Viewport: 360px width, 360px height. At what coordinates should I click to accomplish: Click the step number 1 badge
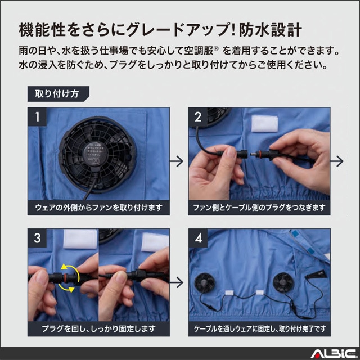(x=37, y=117)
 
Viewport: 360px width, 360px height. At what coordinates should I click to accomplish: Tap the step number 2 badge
(x=198, y=117)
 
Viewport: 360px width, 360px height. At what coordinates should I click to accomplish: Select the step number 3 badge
(x=37, y=238)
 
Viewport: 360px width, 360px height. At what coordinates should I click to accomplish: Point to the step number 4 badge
(x=198, y=238)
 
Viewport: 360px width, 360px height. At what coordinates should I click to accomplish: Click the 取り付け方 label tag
(x=58, y=94)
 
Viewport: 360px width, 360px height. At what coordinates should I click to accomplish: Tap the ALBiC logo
(x=334, y=354)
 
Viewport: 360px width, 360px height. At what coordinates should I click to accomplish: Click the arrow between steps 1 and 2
(x=177, y=161)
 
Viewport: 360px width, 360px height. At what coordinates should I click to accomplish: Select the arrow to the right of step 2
(x=337, y=161)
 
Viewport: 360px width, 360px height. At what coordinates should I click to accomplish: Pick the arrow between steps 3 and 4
(x=177, y=282)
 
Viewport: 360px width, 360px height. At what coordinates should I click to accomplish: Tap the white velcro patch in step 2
(x=264, y=124)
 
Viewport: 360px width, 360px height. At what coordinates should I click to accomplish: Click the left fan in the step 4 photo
(x=205, y=283)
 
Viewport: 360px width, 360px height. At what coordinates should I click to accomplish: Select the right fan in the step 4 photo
(x=283, y=282)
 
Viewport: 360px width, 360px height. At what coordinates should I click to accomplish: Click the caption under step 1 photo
(x=99, y=208)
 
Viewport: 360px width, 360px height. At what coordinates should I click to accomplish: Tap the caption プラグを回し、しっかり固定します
(x=99, y=329)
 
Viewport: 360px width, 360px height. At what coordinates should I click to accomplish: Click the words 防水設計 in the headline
(x=270, y=30)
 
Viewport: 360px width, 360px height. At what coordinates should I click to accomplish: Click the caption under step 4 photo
(x=260, y=329)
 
